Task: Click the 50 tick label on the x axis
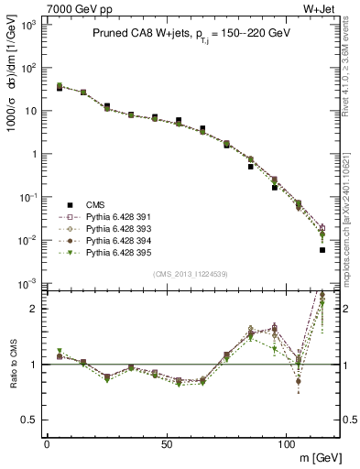tap(166, 443)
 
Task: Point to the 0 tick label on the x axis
tap(47, 443)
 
